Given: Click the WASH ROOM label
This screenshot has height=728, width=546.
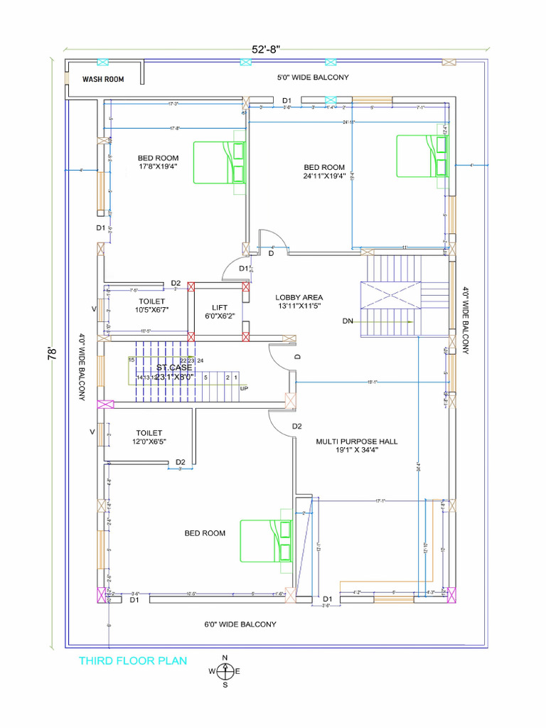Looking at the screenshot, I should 103,80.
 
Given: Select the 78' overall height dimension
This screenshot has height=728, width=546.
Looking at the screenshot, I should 52,353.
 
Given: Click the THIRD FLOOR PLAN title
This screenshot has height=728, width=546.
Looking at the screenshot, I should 133,661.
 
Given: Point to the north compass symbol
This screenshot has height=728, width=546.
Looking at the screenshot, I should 225,670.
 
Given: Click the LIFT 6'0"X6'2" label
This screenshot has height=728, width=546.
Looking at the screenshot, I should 218,311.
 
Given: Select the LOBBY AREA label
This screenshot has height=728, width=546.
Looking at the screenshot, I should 299,301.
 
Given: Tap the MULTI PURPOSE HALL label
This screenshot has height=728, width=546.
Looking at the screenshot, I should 357,445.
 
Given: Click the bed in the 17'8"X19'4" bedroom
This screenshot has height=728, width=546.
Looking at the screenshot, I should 220,162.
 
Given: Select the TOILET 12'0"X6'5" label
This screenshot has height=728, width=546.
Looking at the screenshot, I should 149,437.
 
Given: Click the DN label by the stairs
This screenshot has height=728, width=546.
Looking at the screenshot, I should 348,321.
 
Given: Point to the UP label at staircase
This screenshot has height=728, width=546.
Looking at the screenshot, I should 244,389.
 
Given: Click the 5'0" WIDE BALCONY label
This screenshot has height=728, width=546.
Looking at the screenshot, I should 313,77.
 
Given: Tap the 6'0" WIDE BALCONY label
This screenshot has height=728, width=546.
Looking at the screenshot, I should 240,624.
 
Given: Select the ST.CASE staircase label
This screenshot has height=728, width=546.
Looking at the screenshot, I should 174,373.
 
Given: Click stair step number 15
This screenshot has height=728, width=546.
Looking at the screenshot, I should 132,360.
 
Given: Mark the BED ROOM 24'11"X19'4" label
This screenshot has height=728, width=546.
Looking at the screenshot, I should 324,172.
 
